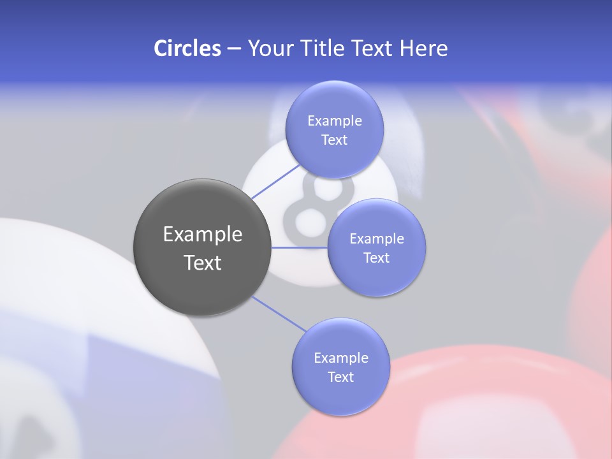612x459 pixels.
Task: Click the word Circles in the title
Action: (187, 48)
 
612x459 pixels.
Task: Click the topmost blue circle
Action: (334, 129)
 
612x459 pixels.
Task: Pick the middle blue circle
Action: (377, 247)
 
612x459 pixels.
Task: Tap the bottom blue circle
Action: (340, 367)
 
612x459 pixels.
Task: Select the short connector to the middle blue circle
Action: (300, 247)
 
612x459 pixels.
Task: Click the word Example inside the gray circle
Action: (203, 235)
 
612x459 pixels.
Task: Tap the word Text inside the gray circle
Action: (203, 263)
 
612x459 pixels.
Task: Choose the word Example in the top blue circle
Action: (334, 120)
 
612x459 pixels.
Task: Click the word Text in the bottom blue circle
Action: (340, 377)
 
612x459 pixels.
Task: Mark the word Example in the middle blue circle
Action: (377, 238)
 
